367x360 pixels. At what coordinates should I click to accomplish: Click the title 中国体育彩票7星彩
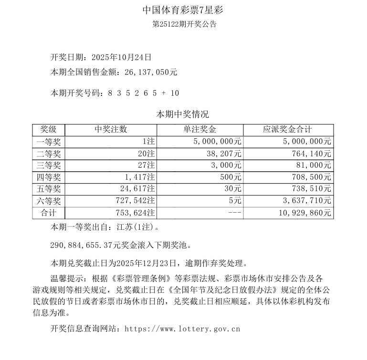183,10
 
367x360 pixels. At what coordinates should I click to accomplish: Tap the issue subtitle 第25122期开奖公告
183,24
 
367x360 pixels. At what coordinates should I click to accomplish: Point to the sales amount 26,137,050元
151,72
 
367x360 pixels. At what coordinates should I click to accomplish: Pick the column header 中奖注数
111,130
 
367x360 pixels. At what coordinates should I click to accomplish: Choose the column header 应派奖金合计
288,130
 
